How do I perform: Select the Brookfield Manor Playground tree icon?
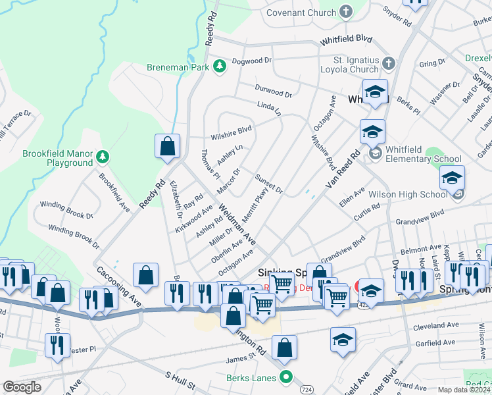coord(103,157)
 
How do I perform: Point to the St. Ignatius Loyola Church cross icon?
coord(389,64)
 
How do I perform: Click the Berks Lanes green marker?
coord(285,377)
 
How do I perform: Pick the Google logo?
coord(22,387)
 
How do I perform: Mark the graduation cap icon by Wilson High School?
coord(452,178)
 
